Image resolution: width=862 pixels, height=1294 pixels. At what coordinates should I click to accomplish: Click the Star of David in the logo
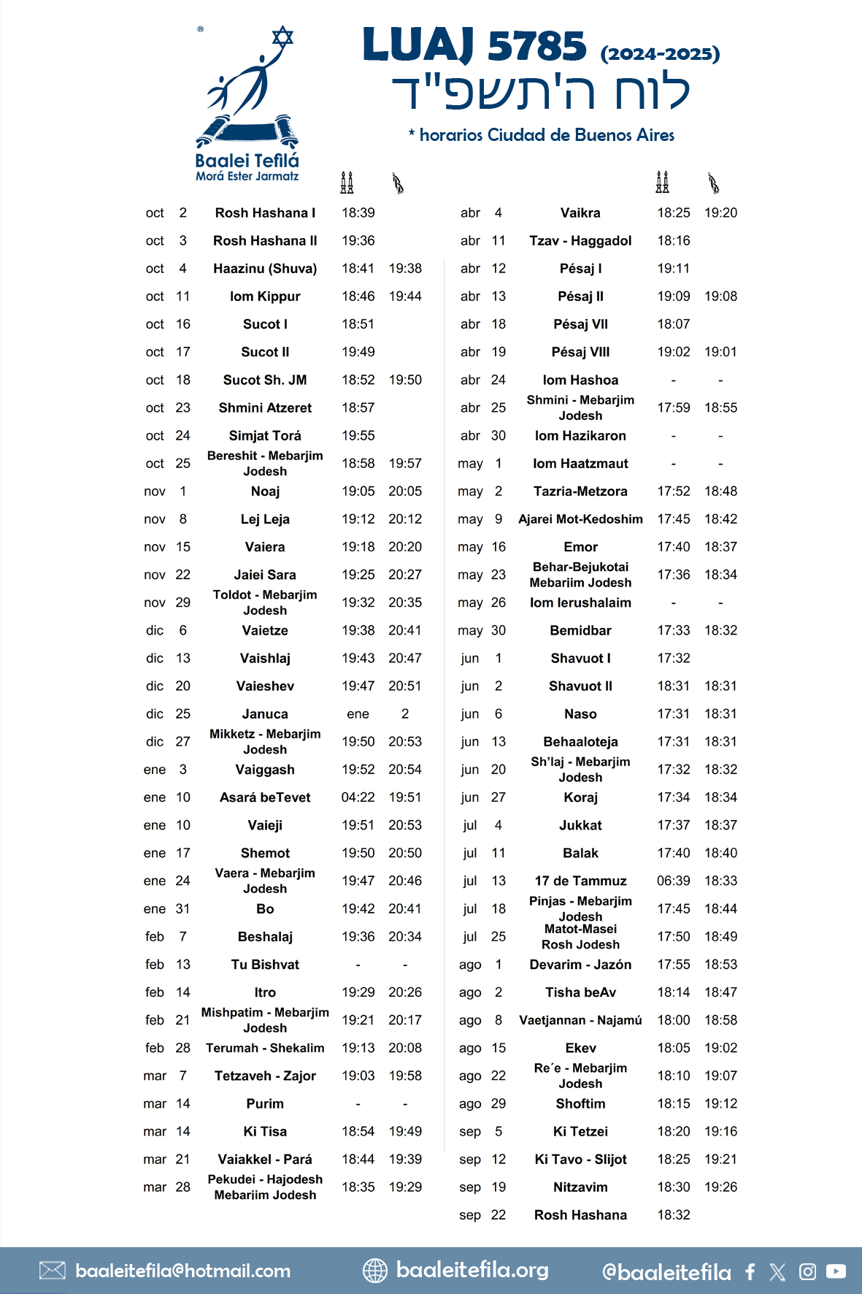tap(282, 37)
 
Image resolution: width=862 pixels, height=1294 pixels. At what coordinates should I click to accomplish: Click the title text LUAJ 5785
tap(474, 45)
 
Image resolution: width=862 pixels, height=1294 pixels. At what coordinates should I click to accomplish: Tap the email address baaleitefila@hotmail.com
tap(182, 1271)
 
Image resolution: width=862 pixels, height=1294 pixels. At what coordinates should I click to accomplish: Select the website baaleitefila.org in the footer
tap(472, 1270)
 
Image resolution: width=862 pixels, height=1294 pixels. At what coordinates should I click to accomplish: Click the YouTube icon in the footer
tap(836, 1271)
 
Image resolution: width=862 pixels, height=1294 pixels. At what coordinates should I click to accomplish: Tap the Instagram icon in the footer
tap(807, 1271)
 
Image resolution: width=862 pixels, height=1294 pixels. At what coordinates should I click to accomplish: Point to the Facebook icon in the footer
tap(750, 1271)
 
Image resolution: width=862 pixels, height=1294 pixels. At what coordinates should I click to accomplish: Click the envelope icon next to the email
tap(53, 1271)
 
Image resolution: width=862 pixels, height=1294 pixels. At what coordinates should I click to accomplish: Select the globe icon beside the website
tap(375, 1271)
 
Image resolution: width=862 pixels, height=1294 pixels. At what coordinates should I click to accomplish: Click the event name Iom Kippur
tap(265, 296)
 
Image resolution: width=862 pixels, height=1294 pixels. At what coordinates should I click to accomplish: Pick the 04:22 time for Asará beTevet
tap(358, 797)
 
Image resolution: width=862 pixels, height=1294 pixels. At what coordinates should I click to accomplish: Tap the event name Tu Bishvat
tap(265, 965)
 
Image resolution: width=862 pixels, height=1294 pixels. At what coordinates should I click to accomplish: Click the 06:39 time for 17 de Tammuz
tap(673, 881)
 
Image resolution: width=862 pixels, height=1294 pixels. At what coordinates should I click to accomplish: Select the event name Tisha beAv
tap(580, 992)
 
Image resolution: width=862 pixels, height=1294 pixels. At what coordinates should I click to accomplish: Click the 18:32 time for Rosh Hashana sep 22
tap(673, 1215)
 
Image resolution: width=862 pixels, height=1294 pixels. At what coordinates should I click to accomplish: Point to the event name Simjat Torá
tap(265, 436)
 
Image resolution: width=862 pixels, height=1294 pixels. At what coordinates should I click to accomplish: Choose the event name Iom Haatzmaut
tap(580, 464)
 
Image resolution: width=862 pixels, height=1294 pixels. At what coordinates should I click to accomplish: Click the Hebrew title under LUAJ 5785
tap(541, 93)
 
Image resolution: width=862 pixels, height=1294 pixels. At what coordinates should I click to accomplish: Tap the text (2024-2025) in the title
tap(660, 54)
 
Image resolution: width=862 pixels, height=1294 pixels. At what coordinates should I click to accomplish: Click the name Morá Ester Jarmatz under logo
tap(247, 176)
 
